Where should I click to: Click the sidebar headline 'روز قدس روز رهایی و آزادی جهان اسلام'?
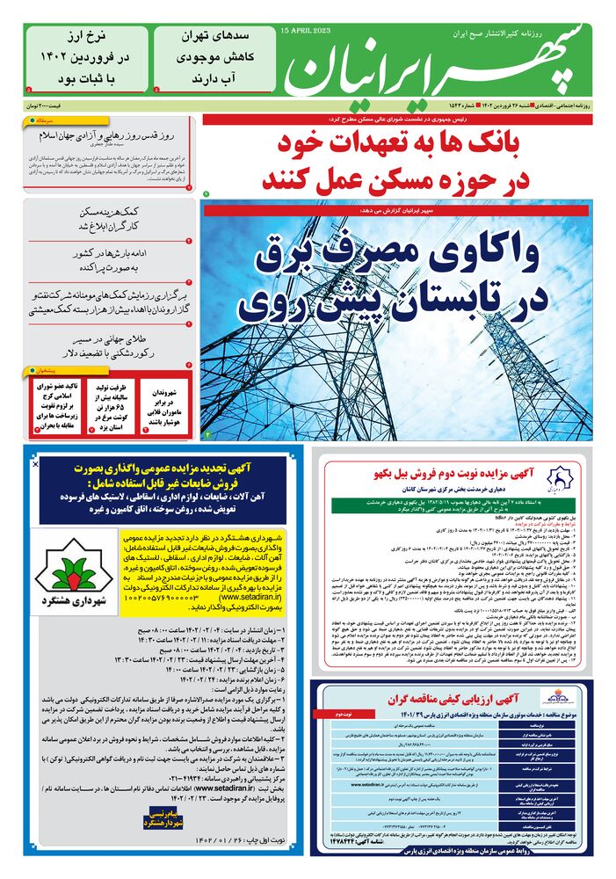point(110,136)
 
